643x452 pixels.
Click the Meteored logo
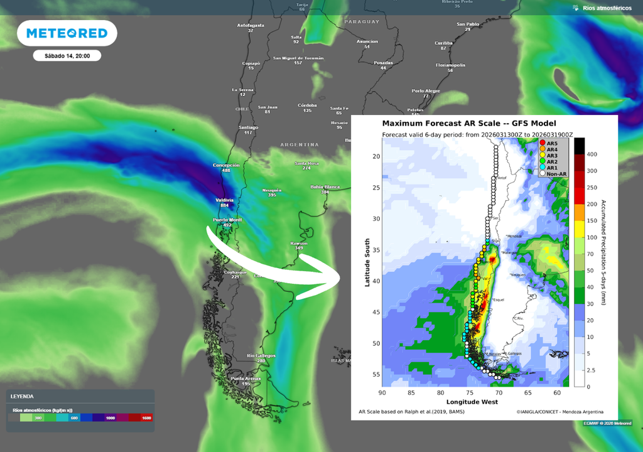tap(67, 33)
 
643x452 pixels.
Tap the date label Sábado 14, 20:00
tap(67, 56)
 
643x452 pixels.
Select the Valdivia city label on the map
tap(224, 200)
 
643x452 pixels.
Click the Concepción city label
tap(227, 165)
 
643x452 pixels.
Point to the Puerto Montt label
tap(228, 220)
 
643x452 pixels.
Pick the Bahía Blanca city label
tap(325, 187)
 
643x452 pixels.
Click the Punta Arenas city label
tap(246, 379)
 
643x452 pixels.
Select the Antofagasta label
tap(251, 26)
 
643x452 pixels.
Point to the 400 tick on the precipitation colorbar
tap(591, 154)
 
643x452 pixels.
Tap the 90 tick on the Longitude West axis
tap(382, 393)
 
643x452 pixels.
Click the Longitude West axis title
tap(472, 401)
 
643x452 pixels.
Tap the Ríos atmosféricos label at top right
tap(607, 8)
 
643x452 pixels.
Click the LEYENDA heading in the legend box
tap(22, 396)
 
